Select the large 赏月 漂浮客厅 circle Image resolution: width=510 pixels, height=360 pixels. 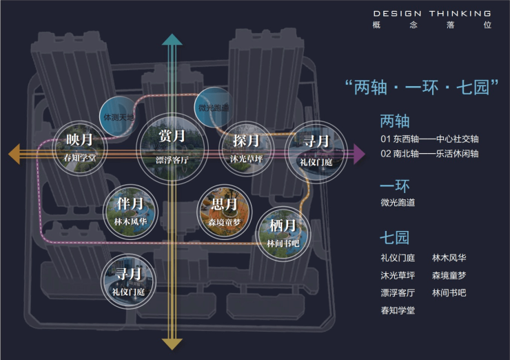click(x=171, y=144)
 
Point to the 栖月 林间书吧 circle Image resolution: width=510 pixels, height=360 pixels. click(x=283, y=232)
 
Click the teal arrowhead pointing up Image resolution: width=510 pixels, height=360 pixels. click(x=172, y=40)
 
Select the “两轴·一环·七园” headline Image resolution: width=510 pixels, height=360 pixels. click(x=421, y=87)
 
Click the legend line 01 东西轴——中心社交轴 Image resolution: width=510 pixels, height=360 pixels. click(x=429, y=139)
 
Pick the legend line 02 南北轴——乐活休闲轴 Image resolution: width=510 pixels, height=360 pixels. click(x=429, y=153)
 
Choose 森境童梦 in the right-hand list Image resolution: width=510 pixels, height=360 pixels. click(x=449, y=275)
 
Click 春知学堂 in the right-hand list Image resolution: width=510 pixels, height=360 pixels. click(x=398, y=310)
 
